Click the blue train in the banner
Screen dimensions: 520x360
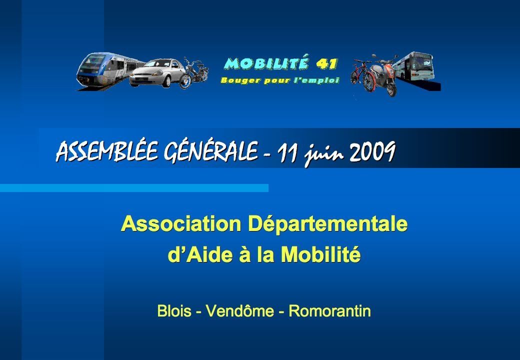pos(106,70)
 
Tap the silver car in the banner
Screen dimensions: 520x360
pos(156,73)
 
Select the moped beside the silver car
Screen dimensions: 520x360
pos(193,73)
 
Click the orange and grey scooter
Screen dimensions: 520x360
pos(384,75)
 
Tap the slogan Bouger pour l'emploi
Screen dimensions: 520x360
pos(280,80)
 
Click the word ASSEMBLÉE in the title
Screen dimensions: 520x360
pos(106,151)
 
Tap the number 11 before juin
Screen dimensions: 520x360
pos(288,152)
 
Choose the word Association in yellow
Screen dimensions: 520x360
pos(181,224)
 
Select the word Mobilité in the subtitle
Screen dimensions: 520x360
pos(320,254)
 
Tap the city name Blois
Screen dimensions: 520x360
pos(174,311)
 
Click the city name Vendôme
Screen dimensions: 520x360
pos(240,311)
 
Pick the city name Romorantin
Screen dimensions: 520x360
pos(329,311)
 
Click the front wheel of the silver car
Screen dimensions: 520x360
pos(166,81)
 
